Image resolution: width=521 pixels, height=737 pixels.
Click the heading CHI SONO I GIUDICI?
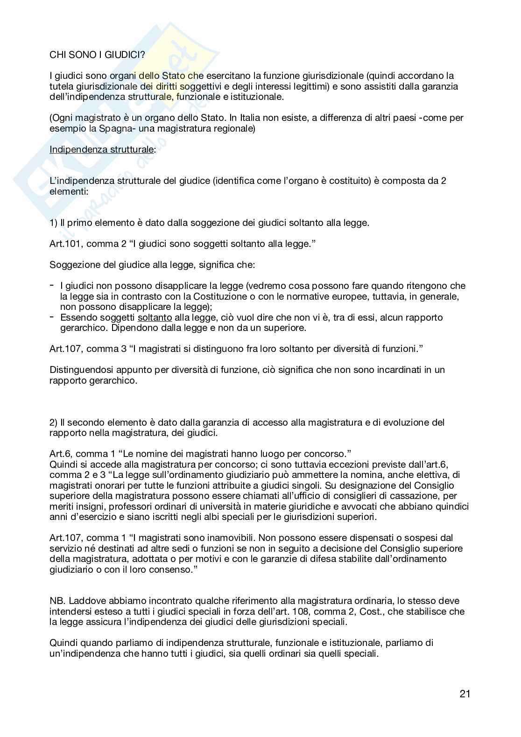pos(97,55)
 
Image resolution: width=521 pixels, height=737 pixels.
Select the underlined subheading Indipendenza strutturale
pos(102,150)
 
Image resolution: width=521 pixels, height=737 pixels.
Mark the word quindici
pos(452,506)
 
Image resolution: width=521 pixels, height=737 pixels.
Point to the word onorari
pos(104,485)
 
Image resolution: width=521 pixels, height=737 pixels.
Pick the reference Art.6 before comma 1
pos(61,454)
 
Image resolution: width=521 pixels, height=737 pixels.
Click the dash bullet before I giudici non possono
pos(51,285)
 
